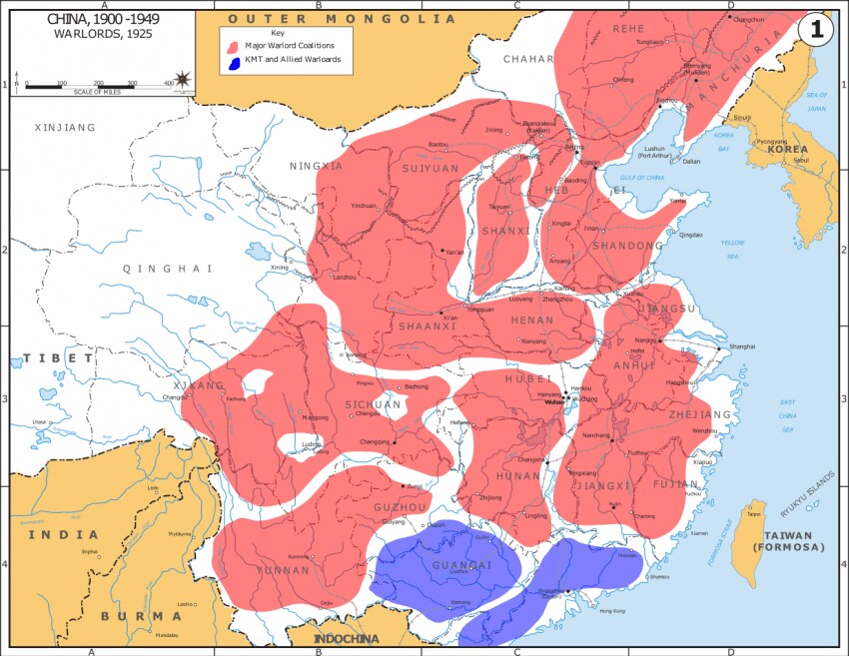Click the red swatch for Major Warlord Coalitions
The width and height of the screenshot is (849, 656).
(233, 46)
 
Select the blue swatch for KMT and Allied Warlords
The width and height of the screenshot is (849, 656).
(233, 61)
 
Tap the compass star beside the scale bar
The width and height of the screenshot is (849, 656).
(184, 79)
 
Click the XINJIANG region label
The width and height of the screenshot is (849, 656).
(65, 128)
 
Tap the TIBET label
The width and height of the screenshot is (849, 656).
(59, 357)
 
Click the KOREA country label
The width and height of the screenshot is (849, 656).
(787, 150)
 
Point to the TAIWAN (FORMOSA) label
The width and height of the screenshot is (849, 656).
(789, 541)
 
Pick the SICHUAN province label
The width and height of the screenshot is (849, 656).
(373, 404)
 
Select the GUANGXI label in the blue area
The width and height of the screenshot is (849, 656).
(461, 565)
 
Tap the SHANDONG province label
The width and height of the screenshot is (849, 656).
(627, 246)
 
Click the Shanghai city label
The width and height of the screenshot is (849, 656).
(742, 346)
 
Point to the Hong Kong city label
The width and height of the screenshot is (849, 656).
(598, 610)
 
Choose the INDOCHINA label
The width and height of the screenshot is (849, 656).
(348, 639)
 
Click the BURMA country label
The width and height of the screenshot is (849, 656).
(142, 616)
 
